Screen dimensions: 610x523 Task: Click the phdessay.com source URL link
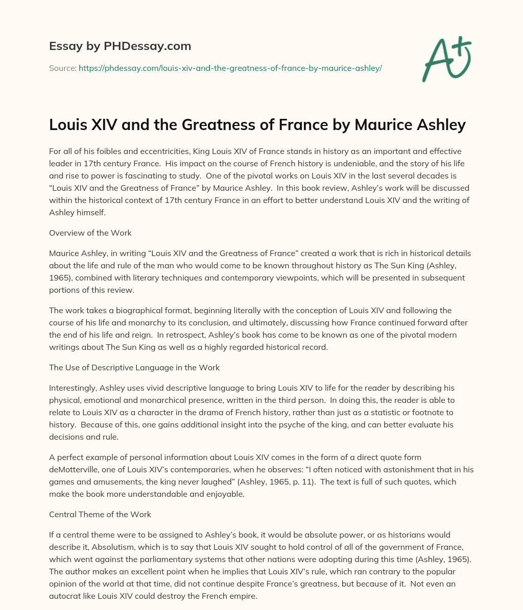pyautogui.click(x=230, y=68)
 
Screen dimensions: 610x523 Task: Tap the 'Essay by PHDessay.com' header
pyautogui.click(x=120, y=46)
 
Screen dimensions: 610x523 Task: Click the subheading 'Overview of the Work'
pyautogui.click(x=90, y=233)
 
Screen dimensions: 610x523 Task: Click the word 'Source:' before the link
pyautogui.click(x=62, y=68)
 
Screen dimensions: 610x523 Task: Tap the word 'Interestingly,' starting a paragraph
pyautogui.click(x=73, y=388)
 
